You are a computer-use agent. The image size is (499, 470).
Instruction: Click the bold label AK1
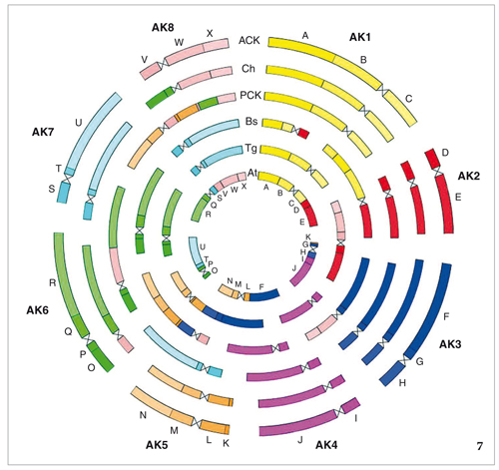tap(360, 37)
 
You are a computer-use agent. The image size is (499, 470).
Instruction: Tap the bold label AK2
tap(469, 176)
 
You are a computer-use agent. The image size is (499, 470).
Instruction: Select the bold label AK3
tap(450, 344)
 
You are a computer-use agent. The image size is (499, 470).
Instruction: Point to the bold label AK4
tap(326, 445)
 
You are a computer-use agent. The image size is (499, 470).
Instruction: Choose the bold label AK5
tap(157, 445)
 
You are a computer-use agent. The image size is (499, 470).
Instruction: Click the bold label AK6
tap(37, 310)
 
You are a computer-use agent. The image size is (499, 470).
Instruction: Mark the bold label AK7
tap(43, 132)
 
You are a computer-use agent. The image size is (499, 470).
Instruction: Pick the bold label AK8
tap(163, 27)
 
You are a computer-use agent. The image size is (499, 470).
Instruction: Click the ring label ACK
tap(249, 40)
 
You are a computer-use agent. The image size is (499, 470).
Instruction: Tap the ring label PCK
tap(250, 95)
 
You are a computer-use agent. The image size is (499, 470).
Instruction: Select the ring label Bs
tap(251, 121)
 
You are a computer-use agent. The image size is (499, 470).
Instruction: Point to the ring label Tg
tap(251, 149)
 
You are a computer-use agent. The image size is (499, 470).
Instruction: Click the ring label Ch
tap(249, 69)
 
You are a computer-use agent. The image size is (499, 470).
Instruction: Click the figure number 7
tap(479, 446)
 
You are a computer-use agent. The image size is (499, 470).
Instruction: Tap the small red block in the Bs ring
tap(303, 133)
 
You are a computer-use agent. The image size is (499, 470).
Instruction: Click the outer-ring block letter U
tap(78, 123)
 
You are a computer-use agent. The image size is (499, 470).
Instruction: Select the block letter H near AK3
tap(402, 383)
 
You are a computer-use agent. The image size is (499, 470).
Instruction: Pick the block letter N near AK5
tap(143, 415)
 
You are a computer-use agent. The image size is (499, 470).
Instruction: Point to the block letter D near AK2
tap(445, 153)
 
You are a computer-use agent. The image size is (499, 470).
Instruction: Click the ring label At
tap(252, 173)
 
